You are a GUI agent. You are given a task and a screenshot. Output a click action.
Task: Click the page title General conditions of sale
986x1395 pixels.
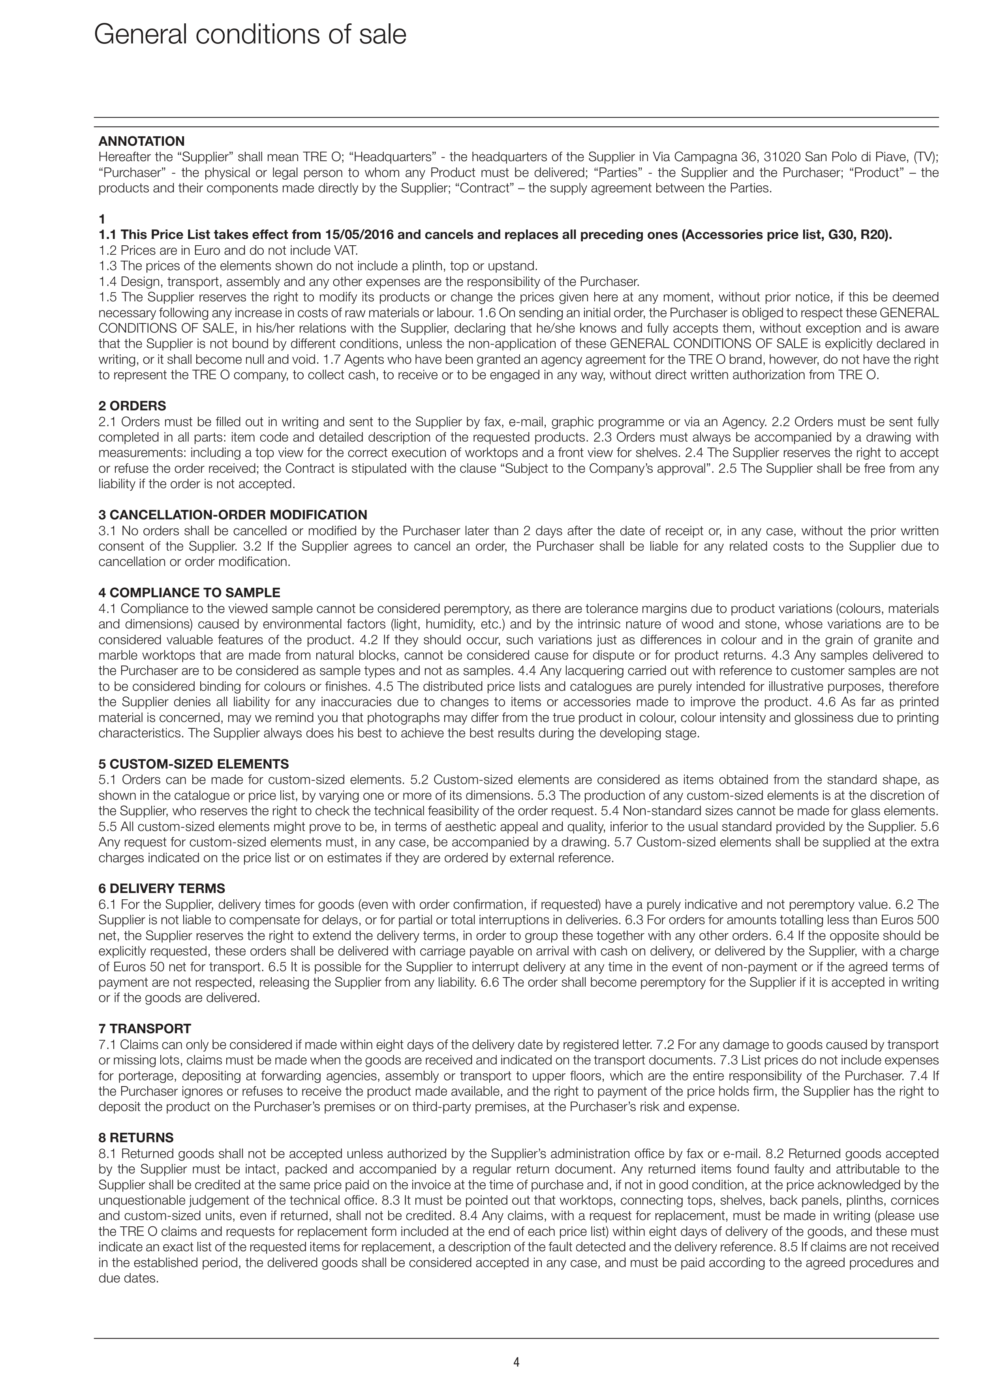tap(250, 35)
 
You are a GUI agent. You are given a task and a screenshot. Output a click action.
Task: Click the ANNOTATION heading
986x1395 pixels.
tap(141, 141)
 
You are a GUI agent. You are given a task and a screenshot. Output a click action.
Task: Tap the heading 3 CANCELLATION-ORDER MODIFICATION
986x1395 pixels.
tap(233, 515)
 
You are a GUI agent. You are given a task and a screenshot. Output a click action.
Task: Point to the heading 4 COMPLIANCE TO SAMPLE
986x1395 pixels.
tap(190, 592)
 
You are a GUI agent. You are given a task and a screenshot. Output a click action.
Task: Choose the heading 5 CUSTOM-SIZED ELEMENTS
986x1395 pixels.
tap(194, 764)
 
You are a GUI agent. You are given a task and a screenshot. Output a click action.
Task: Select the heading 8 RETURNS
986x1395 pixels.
tap(136, 1137)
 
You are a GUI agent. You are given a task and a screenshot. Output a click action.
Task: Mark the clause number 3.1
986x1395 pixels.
tap(107, 530)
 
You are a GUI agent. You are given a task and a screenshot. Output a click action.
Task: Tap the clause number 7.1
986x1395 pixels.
tap(107, 1044)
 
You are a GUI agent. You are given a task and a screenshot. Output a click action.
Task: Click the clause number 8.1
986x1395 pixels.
tap(107, 1153)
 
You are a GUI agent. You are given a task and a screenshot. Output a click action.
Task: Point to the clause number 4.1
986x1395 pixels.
tap(107, 608)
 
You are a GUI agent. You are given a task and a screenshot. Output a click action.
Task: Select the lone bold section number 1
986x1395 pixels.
tap(102, 219)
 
